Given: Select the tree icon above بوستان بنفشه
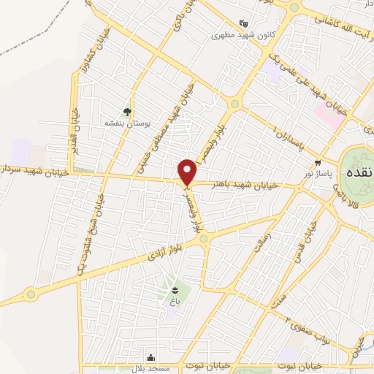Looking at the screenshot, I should [128, 112].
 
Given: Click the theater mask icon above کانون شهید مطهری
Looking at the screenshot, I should [243, 23].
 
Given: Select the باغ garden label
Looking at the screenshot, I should [174, 301].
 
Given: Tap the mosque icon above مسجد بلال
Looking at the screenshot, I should [151, 357].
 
